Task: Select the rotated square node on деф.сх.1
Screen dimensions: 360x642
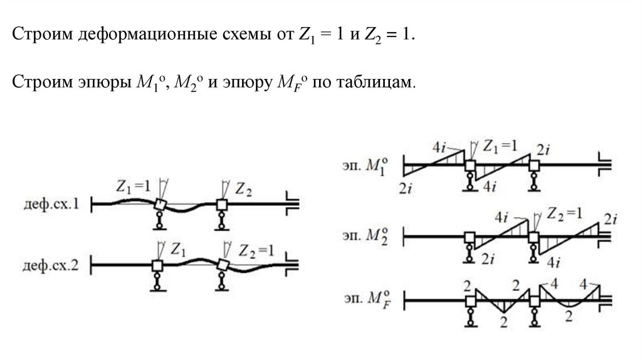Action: [x=160, y=205]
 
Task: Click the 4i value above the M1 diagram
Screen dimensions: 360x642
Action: [x=439, y=148]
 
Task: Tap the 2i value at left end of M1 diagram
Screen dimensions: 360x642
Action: [x=405, y=186]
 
